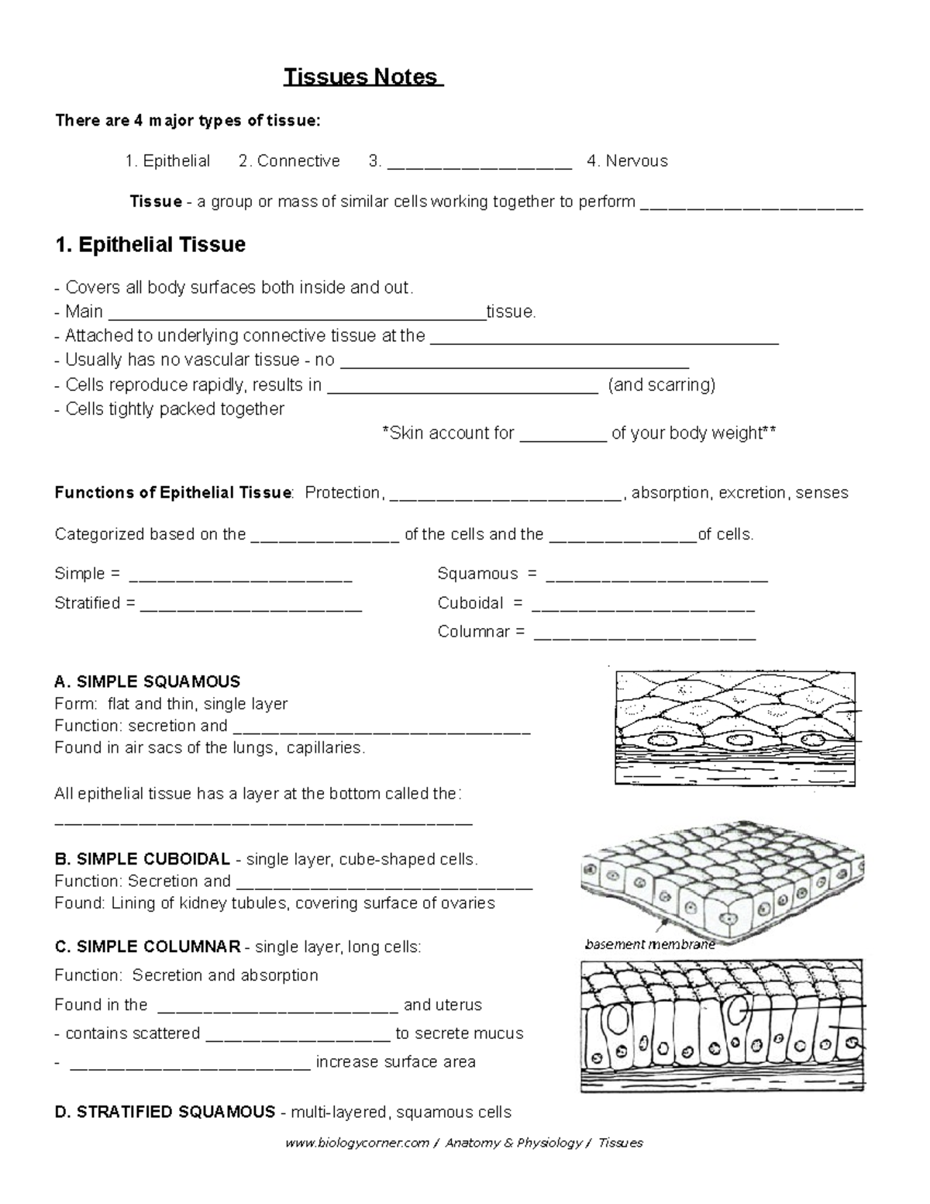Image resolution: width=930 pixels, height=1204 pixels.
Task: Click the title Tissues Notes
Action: coord(362,78)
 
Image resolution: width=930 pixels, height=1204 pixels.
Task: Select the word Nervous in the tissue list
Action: coord(636,161)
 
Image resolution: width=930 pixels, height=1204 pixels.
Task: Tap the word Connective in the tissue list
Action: coord(298,161)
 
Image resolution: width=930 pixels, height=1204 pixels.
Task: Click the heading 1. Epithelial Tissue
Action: coord(150,245)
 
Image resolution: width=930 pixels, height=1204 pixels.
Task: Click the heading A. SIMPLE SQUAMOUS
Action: coord(147,682)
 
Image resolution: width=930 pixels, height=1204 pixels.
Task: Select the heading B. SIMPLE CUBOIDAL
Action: coord(143,859)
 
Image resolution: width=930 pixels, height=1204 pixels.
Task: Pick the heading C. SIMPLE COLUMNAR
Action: coord(147,947)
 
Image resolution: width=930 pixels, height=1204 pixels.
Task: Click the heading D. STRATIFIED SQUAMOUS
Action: coord(165,1113)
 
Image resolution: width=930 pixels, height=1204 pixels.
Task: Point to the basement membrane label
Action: coord(649,944)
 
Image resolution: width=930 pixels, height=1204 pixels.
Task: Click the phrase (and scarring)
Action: coord(662,385)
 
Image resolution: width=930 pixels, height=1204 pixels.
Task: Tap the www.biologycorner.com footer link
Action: coord(356,1143)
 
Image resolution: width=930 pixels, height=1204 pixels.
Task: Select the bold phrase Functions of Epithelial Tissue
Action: coord(174,493)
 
